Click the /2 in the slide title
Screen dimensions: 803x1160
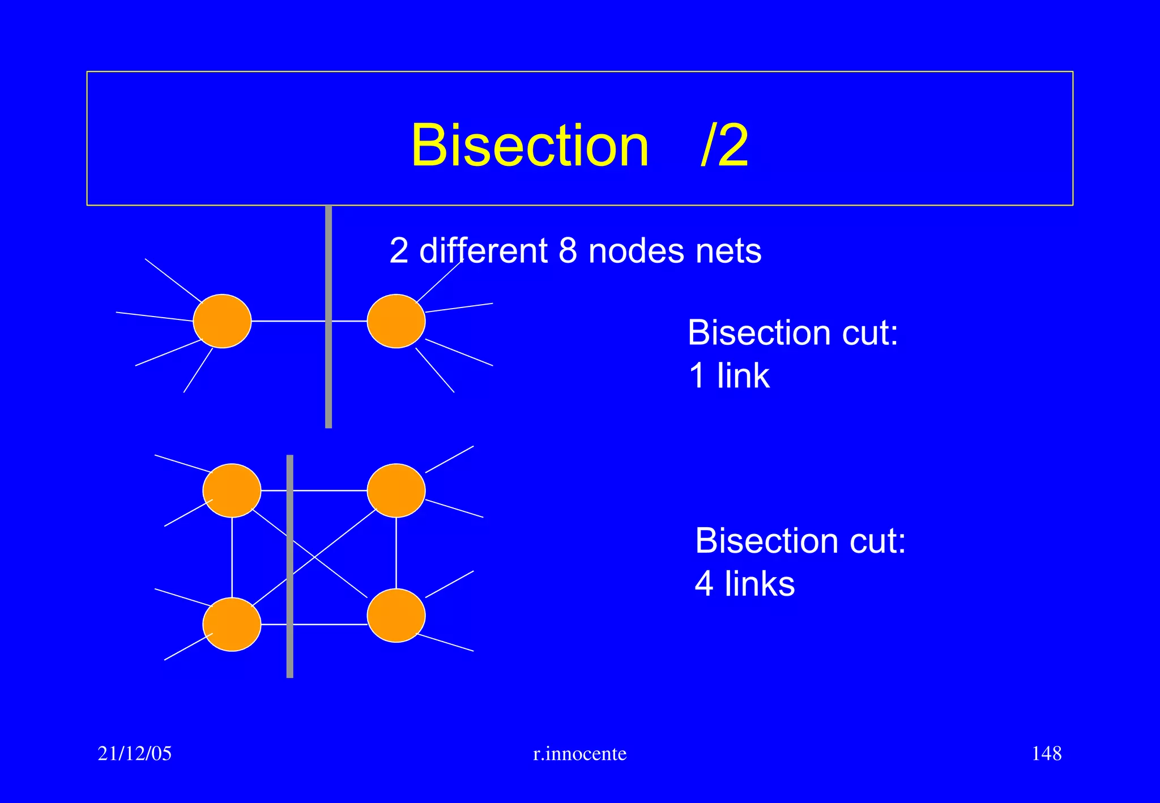click(x=724, y=146)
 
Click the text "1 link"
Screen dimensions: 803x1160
click(x=729, y=375)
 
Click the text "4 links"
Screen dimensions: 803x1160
click(x=744, y=584)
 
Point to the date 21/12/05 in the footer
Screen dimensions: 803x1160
click(x=134, y=753)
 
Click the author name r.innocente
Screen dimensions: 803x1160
click(x=579, y=754)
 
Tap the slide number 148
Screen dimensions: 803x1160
click(x=1046, y=753)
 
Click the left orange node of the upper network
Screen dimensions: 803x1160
click(x=222, y=321)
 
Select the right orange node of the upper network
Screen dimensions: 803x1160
click(x=396, y=321)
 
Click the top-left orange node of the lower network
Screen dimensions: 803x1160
click(x=232, y=490)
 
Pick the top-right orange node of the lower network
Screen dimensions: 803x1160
click(x=396, y=490)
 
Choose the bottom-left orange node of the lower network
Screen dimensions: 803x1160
click(x=232, y=624)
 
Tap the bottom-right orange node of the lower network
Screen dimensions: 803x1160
click(x=396, y=616)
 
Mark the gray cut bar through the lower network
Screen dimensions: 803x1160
click(x=290, y=651)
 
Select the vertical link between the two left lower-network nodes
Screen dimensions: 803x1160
click(x=232, y=558)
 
